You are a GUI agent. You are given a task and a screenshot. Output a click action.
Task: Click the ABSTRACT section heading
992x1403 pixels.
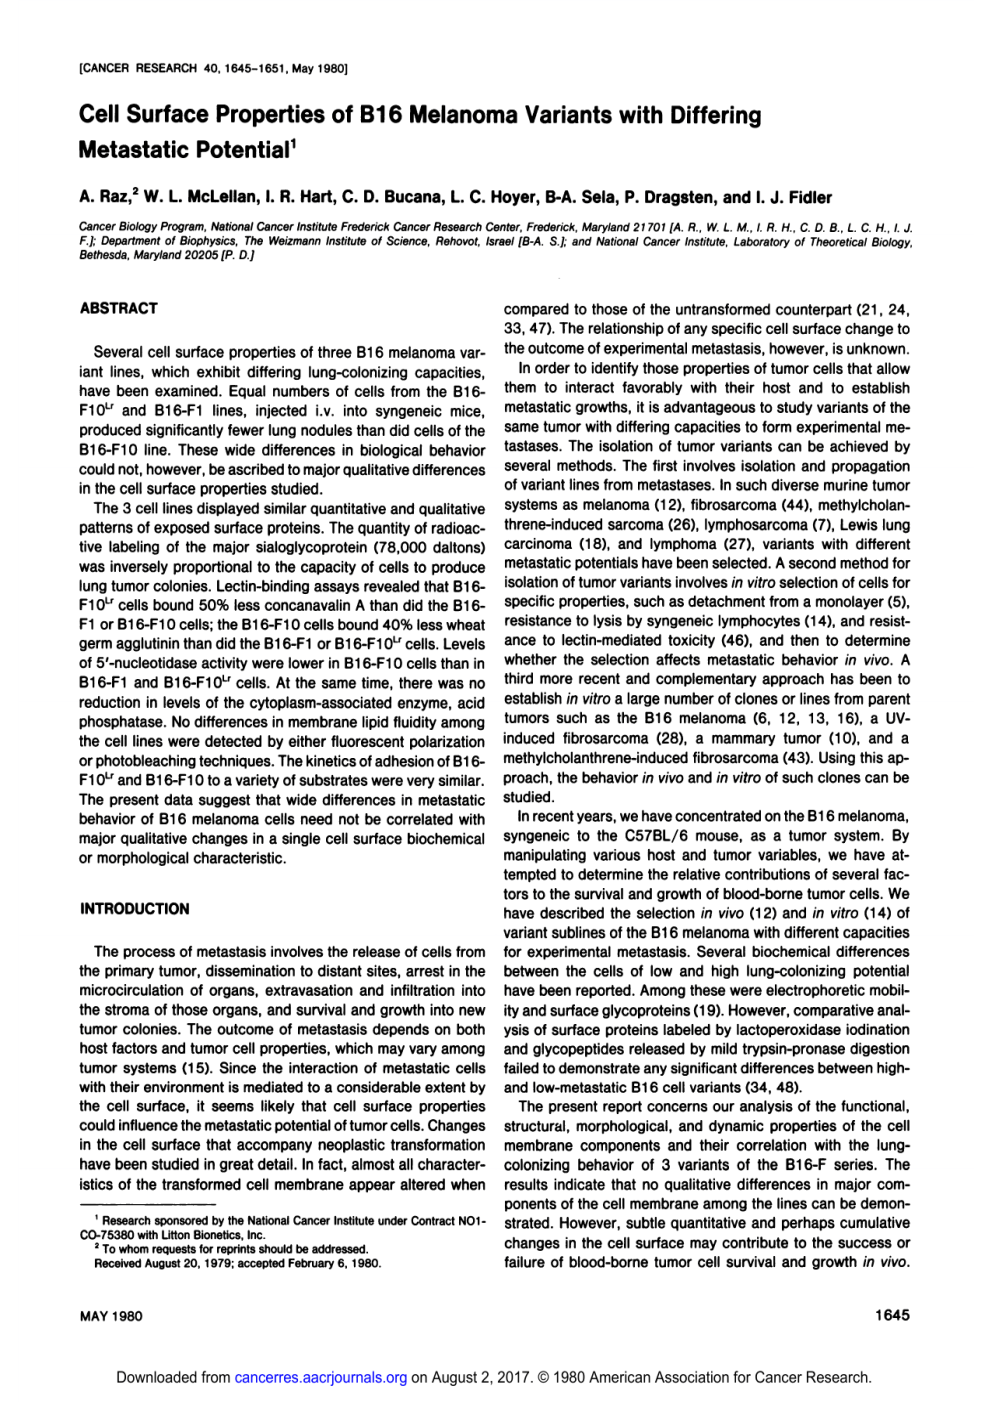pos(118,308)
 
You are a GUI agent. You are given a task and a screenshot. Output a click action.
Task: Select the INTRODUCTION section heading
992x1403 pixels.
pos(134,909)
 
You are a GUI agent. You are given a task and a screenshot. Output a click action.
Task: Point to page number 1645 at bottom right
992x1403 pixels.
pos(892,1316)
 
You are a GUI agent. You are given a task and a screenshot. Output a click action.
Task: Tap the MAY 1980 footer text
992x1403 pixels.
pos(111,1316)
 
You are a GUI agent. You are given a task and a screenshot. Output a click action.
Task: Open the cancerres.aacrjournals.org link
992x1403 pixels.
pos(320,1378)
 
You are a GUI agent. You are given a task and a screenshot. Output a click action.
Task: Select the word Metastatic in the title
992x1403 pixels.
pos(134,151)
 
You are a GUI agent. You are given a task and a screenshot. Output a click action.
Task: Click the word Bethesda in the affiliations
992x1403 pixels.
pos(103,256)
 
